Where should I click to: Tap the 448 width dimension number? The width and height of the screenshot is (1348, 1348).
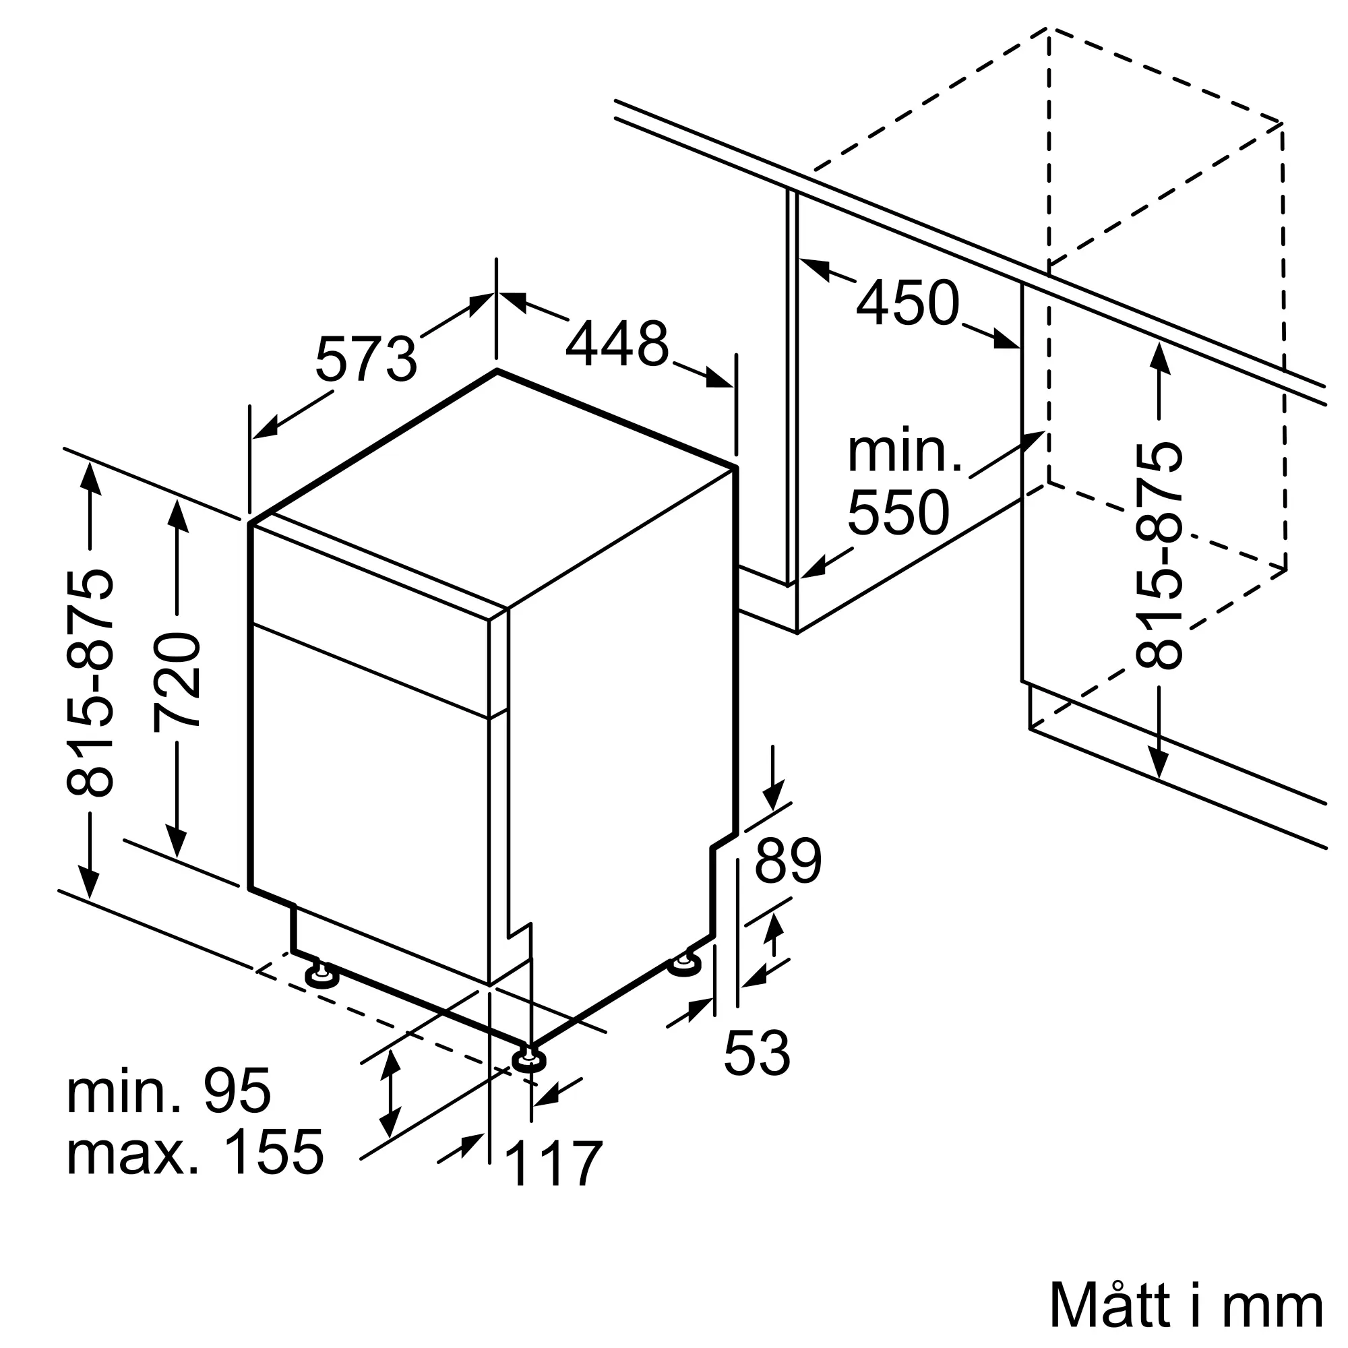click(x=617, y=343)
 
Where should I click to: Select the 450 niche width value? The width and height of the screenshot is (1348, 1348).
click(x=908, y=303)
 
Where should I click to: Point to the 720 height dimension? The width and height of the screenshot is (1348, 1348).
click(x=177, y=680)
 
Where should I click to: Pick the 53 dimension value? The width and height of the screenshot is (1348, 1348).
click(x=757, y=1053)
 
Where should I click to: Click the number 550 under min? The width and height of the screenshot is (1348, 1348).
click(x=898, y=512)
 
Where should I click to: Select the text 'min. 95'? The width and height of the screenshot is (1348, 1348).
click(x=169, y=1091)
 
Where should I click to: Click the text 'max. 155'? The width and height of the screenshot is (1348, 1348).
click(x=195, y=1152)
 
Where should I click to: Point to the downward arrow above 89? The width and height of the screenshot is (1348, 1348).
click(x=772, y=777)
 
